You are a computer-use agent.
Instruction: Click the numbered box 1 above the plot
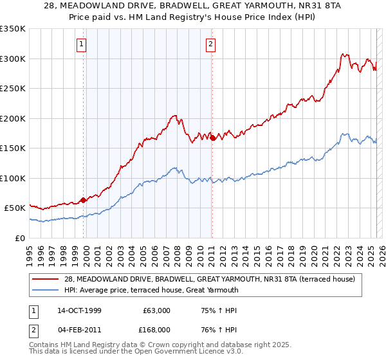82,44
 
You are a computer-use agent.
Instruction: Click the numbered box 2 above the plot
210,44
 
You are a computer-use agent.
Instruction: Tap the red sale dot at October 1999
84,200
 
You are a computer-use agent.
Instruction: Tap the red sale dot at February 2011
212,138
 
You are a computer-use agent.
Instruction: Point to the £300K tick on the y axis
13,59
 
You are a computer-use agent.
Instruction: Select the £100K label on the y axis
13,178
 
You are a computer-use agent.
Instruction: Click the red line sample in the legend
46,278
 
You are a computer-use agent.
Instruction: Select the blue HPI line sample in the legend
46,290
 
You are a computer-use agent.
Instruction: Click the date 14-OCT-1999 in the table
79,310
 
